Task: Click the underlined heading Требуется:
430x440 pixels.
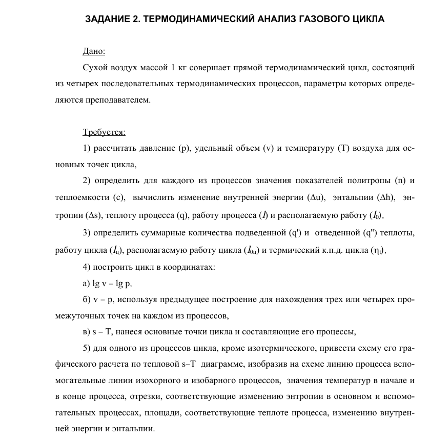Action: [x=104, y=132]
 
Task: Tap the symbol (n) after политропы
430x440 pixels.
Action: [x=401, y=181]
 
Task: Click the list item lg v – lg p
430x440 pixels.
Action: [x=112, y=283]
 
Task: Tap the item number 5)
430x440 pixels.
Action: [x=87, y=349]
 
